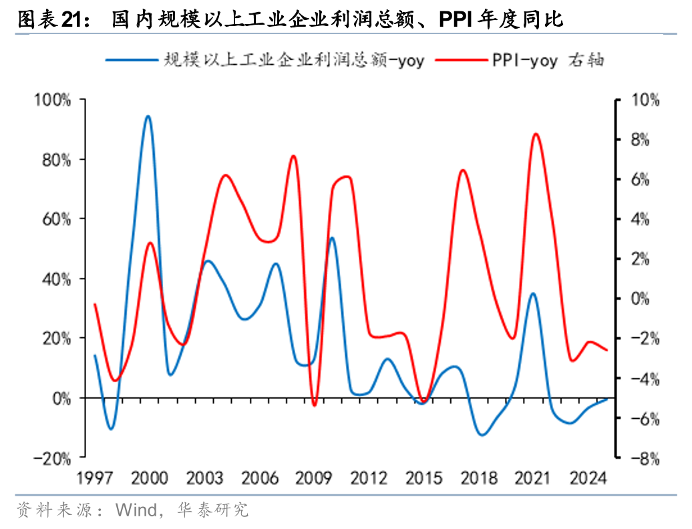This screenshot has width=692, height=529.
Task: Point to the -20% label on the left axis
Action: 51,458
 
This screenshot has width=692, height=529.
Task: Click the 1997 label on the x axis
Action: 94,478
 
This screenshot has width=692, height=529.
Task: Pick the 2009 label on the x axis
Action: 315,478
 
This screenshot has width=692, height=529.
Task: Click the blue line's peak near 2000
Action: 148,116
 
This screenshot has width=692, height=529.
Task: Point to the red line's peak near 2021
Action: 536,134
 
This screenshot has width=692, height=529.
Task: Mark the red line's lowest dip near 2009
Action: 314,405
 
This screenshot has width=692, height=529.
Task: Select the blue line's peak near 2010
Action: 332,238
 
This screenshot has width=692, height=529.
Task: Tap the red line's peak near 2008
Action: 294,156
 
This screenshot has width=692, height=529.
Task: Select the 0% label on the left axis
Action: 61,399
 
